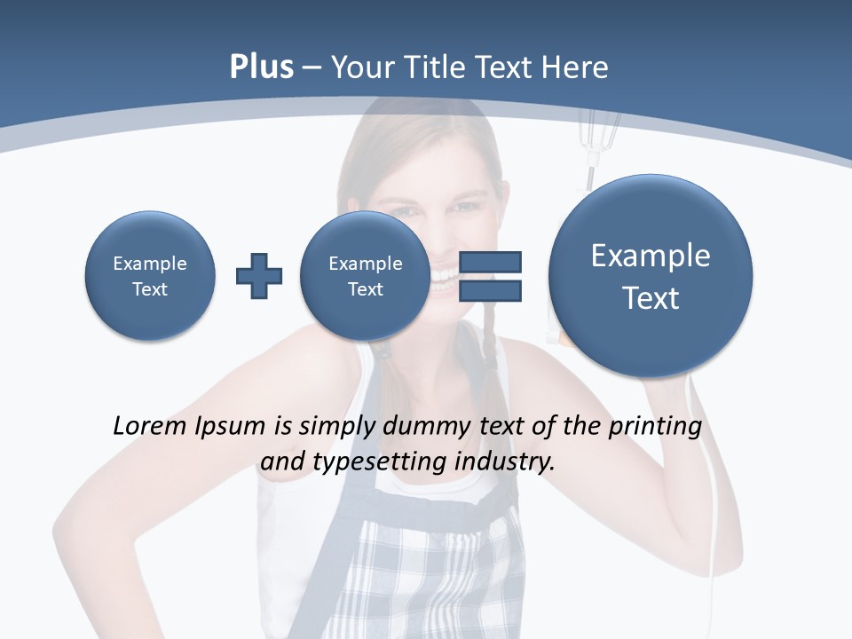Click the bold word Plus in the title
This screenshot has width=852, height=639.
261,67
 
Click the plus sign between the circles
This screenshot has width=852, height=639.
259,276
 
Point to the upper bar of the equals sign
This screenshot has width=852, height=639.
490,262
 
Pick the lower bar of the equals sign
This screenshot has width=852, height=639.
490,290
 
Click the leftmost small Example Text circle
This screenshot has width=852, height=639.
150,275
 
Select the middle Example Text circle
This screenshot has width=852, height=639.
365,275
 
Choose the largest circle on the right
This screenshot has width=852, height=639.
651,276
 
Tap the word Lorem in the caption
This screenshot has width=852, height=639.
150,426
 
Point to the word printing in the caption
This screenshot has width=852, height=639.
654,426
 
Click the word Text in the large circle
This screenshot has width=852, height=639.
651,298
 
